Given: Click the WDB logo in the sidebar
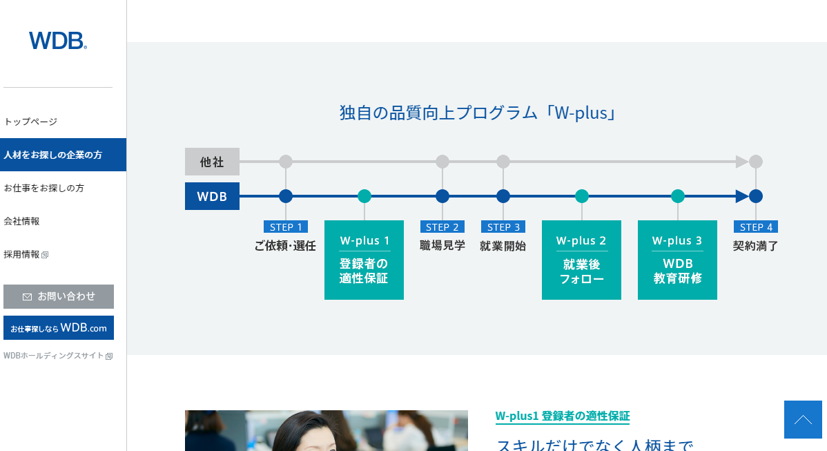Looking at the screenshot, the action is coord(58,41).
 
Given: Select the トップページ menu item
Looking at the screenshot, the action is coord(30,122).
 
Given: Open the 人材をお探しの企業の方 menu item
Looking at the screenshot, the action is coord(54,155).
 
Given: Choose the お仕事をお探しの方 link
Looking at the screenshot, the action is coord(44,188).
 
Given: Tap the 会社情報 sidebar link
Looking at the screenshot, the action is coord(22,221).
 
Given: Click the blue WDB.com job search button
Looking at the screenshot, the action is coord(59,328).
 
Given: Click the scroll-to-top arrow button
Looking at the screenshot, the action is coord(803,419).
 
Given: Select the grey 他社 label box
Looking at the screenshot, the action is coord(212,162).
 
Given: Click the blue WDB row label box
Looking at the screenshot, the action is coord(212,196).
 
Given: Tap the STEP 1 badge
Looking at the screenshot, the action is coord(286,227).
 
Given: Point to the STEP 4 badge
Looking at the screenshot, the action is coord(756,227).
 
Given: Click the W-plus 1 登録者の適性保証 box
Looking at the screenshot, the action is coord(364,260).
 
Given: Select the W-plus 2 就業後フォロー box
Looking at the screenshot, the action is coord(581,260).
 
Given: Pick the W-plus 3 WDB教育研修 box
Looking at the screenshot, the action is coord(677,260).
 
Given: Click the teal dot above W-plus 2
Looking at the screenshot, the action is coord(582,196).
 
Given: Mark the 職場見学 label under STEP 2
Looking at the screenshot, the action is coord(442,245).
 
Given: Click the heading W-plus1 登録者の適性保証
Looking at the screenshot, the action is coord(563,416).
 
